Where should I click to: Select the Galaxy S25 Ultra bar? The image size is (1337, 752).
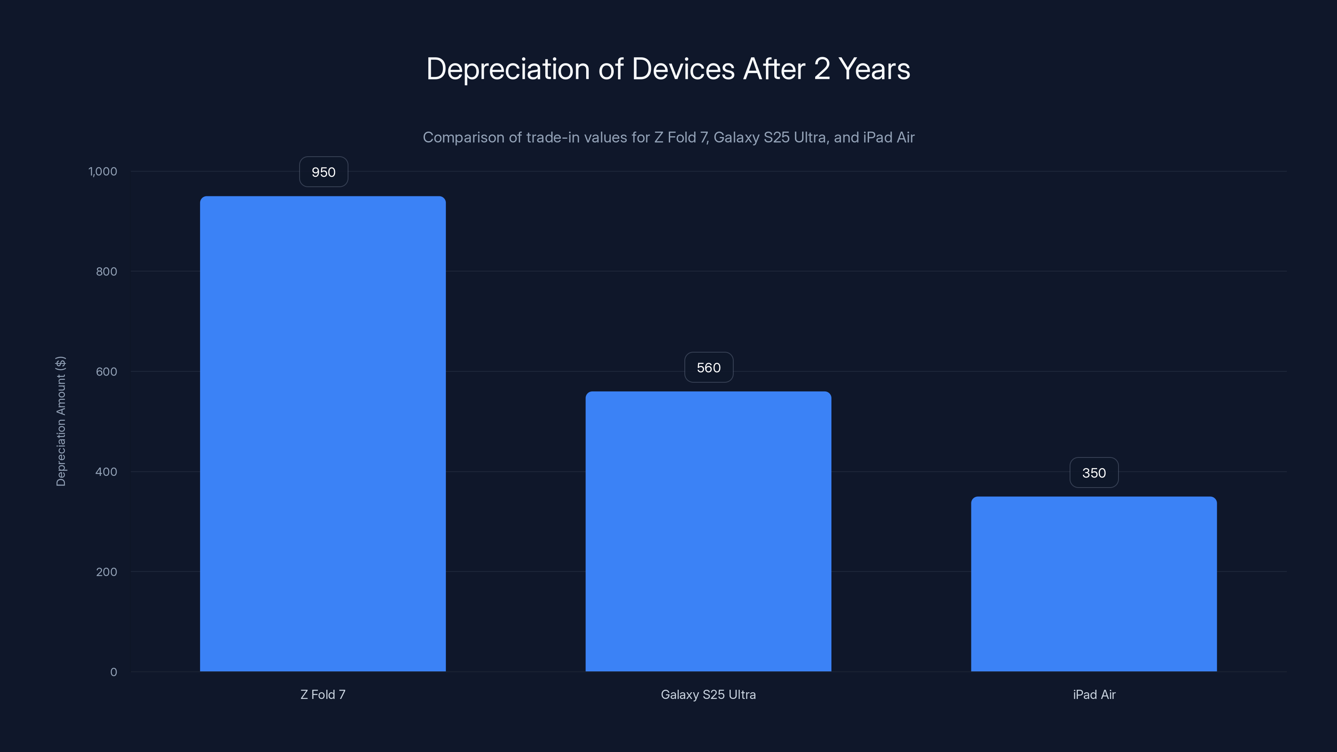[x=708, y=531]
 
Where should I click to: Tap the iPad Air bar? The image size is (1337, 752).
[x=1093, y=584]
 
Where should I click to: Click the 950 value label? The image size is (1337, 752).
[x=323, y=172]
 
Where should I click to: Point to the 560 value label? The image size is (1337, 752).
[x=709, y=368]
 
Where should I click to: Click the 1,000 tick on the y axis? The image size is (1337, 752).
[x=103, y=171]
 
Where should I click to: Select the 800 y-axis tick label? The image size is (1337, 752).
[x=107, y=272]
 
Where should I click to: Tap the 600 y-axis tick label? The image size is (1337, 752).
[x=107, y=371]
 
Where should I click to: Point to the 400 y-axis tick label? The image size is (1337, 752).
[x=107, y=472]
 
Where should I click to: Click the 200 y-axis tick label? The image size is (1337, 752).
[x=107, y=572]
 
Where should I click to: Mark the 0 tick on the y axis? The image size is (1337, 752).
[x=114, y=672]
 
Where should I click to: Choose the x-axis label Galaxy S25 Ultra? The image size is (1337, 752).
[x=708, y=694]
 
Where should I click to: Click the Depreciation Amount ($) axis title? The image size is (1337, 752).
[x=61, y=421]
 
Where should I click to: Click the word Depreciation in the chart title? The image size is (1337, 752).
[x=508, y=69]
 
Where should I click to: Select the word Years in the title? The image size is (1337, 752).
[x=874, y=69]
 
